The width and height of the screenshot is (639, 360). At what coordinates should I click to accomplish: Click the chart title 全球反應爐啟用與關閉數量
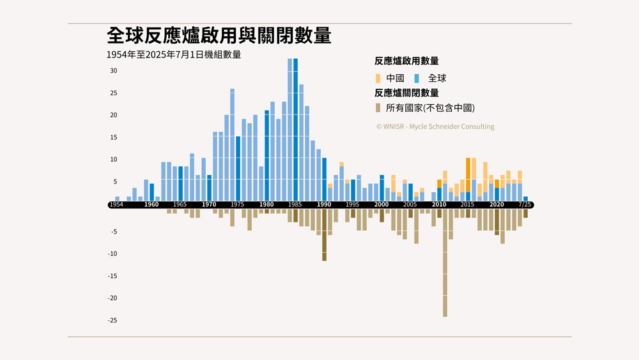click(x=219, y=36)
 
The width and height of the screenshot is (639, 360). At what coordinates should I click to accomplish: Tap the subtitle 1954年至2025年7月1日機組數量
click(x=174, y=55)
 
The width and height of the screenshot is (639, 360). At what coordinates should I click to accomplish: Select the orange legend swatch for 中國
click(x=378, y=78)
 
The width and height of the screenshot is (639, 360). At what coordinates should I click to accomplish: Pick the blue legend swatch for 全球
click(x=417, y=78)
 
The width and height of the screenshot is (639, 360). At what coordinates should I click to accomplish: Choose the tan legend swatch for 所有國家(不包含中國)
click(x=378, y=108)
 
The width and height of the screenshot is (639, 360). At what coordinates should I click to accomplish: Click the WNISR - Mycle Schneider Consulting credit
click(x=435, y=127)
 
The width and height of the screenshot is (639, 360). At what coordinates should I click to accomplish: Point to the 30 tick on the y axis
click(x=113, y=71)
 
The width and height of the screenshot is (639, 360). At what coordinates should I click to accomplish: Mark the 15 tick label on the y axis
click(x=113, y=137)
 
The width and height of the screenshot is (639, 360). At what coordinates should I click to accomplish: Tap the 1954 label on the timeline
click(x=116, y=205)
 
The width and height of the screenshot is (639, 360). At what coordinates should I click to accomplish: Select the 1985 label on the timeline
click(x=295, y=205)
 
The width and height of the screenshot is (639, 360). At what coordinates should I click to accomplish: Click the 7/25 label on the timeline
click(x=525, y=205)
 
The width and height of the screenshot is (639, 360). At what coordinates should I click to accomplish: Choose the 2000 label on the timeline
click(x=381, y=205)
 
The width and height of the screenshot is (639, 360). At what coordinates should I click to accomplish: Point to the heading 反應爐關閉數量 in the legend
click(x=406, y=93)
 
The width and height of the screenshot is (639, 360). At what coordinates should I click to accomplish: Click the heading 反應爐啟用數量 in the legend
click(x=406, y=61)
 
